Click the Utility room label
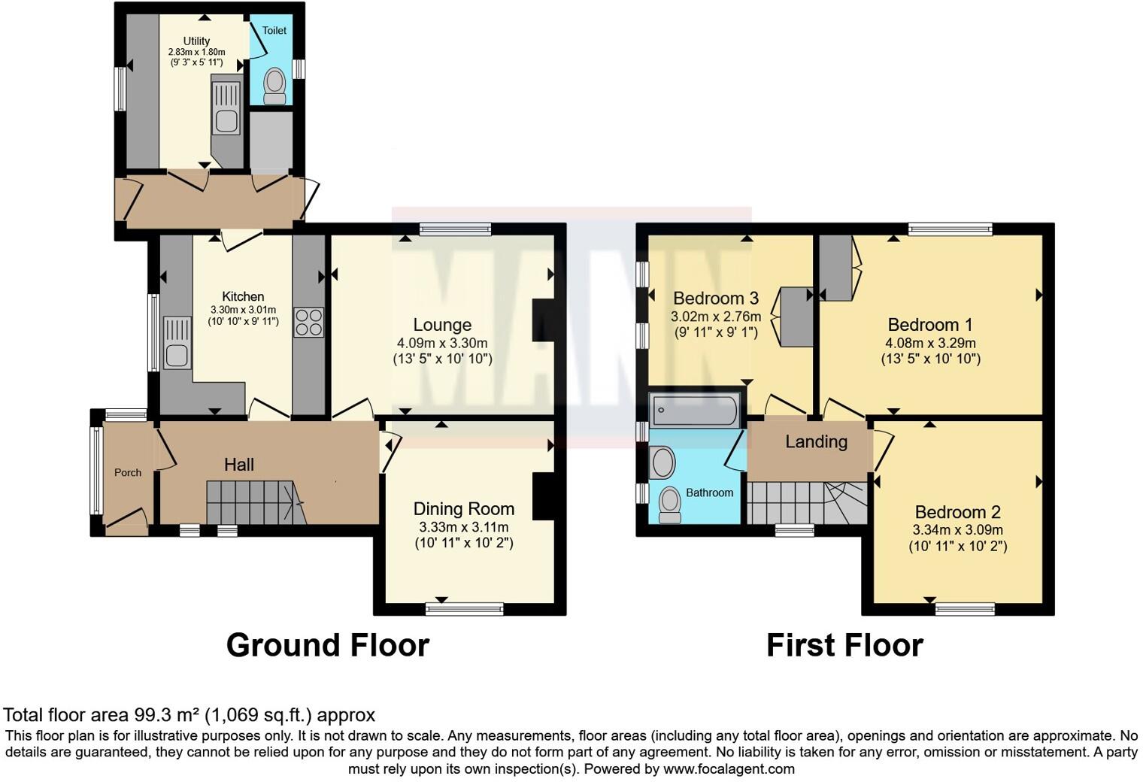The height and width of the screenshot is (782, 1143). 196,41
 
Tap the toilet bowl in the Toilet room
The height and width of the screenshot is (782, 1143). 274,83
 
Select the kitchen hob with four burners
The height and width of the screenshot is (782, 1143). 308,322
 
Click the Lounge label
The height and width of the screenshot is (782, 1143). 442,325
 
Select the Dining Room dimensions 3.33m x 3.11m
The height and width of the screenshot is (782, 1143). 463,527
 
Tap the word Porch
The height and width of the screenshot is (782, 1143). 128,472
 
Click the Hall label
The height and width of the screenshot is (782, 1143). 239,465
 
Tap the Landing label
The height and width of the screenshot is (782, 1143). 816,441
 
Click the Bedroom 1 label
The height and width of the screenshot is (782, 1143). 930,325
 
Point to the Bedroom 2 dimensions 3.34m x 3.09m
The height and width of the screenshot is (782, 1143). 957,529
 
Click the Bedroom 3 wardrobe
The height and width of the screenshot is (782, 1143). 797,317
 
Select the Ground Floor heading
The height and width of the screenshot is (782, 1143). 327,645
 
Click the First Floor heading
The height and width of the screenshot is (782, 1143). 844,645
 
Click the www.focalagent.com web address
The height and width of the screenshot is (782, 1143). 729,768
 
